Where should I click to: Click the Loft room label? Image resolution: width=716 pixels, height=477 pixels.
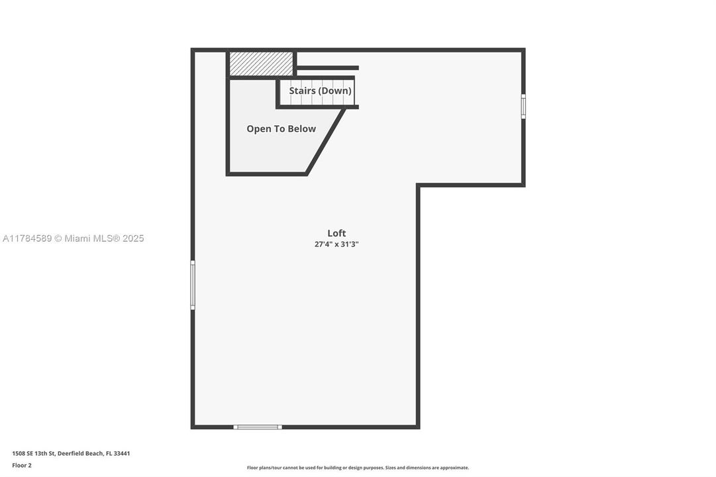point(336,233)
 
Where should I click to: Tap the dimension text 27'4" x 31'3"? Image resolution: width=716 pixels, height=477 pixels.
point(336,244)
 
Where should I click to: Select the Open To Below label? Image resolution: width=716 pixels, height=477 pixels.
point(281,129)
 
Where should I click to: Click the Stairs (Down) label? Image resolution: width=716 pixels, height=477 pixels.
point(320,91)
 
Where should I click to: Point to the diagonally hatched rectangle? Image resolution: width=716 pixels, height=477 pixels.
point(261,64)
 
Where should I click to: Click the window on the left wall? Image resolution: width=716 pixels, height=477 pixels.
point(193,285)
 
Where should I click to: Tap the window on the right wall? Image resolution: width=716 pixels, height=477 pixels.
point(523,106)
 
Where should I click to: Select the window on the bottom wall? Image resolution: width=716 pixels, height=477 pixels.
point(258,427)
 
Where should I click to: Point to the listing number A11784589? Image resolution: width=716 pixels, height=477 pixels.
point(27,238)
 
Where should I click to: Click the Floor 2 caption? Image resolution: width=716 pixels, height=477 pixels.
point(22,466)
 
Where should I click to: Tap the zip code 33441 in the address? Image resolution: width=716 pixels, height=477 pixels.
point(122,454)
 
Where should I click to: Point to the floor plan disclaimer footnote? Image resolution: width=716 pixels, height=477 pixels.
point(358,468)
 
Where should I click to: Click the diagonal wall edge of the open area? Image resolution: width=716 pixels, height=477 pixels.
point(326,140)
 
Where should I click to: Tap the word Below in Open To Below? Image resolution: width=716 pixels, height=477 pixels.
point(301,129)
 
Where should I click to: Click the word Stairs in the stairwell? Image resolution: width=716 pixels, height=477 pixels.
point(302,91)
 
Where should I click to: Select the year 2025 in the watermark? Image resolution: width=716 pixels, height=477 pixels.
point(133,238)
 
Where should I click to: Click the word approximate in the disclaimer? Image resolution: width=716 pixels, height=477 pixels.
point(454,468)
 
